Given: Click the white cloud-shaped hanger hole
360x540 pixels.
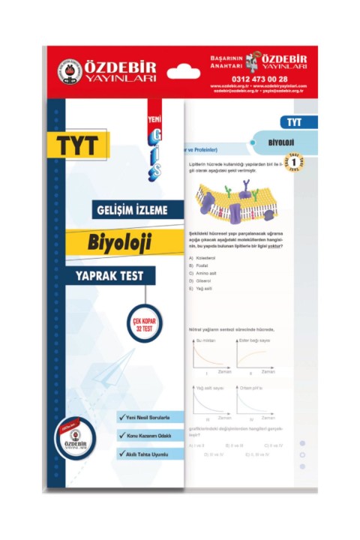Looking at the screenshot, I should click(183, 73).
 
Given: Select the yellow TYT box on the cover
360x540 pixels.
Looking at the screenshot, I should click(77, 145).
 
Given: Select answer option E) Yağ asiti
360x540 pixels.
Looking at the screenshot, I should click(201, 288).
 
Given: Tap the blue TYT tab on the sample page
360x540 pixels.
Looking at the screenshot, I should click(298, 121).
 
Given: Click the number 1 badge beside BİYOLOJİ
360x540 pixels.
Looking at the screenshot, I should click(298, 160).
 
